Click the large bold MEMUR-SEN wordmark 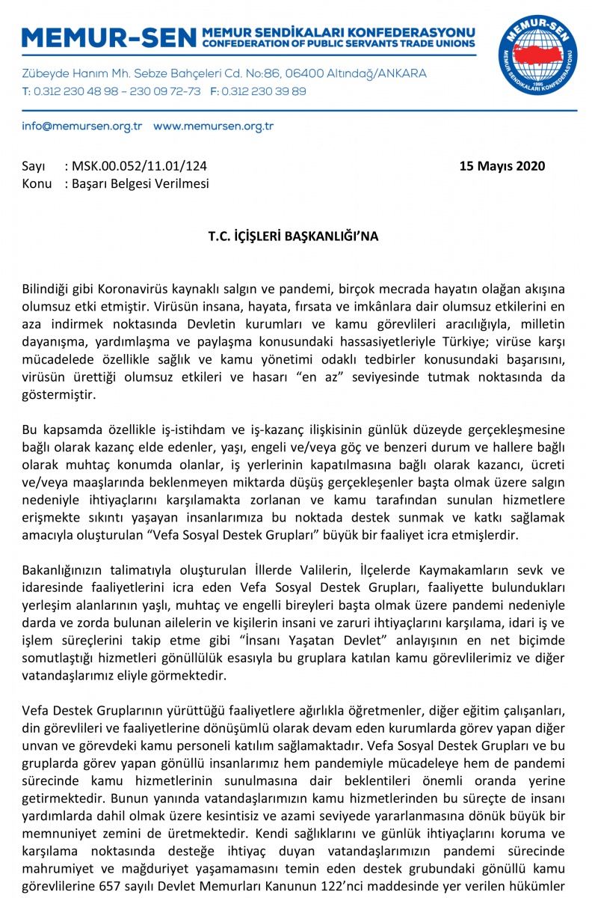point(110,37)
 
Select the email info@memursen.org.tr point(82,126)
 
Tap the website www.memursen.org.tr point(214,126)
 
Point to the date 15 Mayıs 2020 point(502,166)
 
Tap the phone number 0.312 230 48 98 point(70,91)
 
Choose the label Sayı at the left point(34,166)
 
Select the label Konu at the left point(37,183)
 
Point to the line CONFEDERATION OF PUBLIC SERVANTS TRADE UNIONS point(339,43)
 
